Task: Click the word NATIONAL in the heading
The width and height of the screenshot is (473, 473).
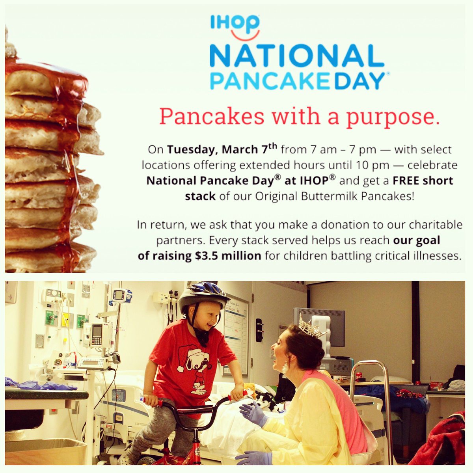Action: tap(297, 56)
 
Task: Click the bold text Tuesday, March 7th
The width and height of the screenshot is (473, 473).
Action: tap(223, 150)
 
